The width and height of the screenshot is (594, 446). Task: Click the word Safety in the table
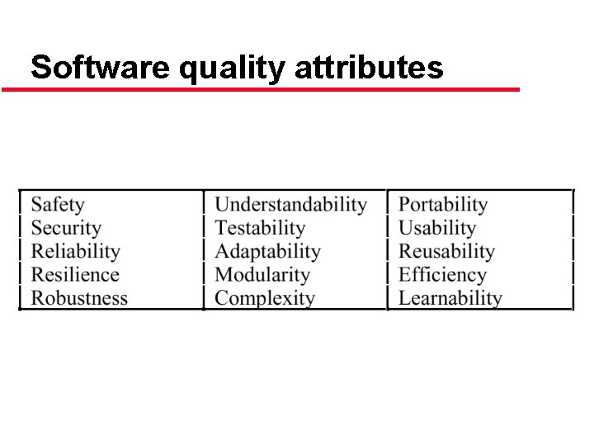pyautogui.click(x=58, y=205)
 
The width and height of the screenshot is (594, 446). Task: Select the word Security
pyautogui.click(x=66, y=228)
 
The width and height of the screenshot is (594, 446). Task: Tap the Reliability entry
pyautogui.click(x=75, y=251)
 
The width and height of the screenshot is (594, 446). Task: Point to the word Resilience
pyautogui.click(x=75, y=275)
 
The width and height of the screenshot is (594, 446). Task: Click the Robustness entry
pyautogui.click(x=79, y=298)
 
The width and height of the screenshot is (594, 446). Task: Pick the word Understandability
pyautogui.click(x=290, y=205)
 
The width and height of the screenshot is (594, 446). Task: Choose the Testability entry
pyautogui.click(x=260, y=228)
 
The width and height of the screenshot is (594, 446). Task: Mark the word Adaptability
pyautogui.click(x=267, y=251)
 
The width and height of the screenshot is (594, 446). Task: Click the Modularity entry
pyautogui.click(x=262, y=275)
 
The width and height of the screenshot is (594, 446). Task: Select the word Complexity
pyautogui.click(x=265, y=298)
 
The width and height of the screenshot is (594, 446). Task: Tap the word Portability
pyautogui.click(x=443, y=205)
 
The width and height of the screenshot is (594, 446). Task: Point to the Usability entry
pyautogui.click(x=437, y=228)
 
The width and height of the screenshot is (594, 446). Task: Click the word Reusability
pyautogui.click(x=446, y=251)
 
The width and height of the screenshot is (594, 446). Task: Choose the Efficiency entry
pyautogui.click(x=442, y=275)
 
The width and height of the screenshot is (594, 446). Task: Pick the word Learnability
pyautogui.click(x=450, y=298)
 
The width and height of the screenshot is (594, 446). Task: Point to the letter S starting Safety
pyautogui.click(x=37, y=205)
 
